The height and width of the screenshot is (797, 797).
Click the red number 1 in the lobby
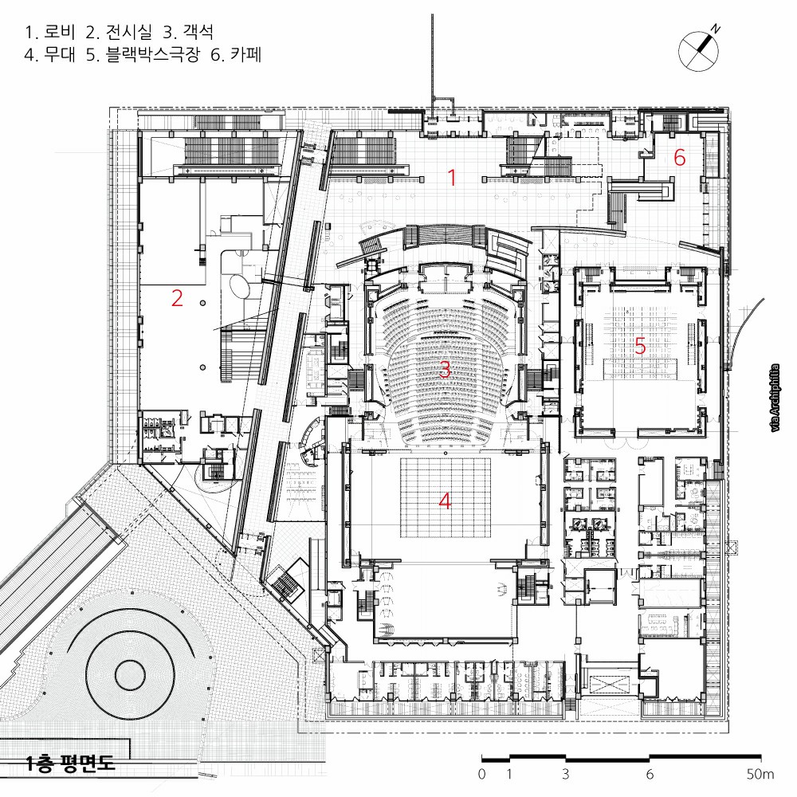[451, 178]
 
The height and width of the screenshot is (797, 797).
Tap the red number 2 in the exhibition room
[177, 298]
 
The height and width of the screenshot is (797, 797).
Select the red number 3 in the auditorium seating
[445, 369]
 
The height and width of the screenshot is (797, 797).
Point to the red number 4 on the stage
[445, 501]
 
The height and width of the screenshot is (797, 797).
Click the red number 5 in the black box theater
[640, 346]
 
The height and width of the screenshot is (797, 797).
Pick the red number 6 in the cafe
[679, 158]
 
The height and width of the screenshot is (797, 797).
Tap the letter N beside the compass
[716, 29]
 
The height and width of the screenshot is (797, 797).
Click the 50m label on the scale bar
[760, 774]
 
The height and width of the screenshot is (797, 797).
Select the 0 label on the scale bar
[482, 774]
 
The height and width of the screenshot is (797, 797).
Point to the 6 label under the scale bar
[650, 774]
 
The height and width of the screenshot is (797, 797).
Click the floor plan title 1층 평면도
[70, 763]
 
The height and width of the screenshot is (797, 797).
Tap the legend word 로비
[60, 32]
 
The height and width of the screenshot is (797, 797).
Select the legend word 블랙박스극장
[153, 54]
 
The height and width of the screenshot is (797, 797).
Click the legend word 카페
[246, 54]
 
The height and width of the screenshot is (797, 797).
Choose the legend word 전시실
[129, 32]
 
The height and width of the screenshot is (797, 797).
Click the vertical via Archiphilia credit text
[775, 398]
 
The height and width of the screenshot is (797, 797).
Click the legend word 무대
[60, 54]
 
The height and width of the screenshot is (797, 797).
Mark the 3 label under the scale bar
[566, 774]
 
